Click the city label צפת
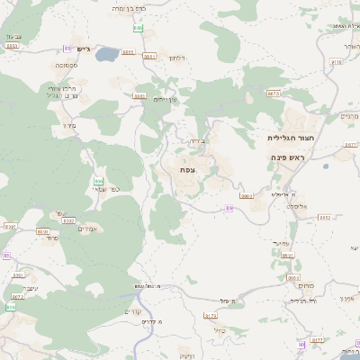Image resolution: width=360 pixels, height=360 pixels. click(188, 170)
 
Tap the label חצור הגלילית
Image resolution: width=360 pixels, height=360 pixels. click(290, 138)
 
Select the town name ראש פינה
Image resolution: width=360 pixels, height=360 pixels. click(288, 157)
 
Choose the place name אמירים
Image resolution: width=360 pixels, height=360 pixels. click(87, 229)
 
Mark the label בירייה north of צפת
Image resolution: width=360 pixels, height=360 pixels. click(198, 140)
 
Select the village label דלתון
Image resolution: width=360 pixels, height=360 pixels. click(177, 58)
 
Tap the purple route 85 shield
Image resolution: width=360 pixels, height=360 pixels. click(6, 256)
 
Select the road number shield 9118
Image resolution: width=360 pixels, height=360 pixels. click(337, 62)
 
